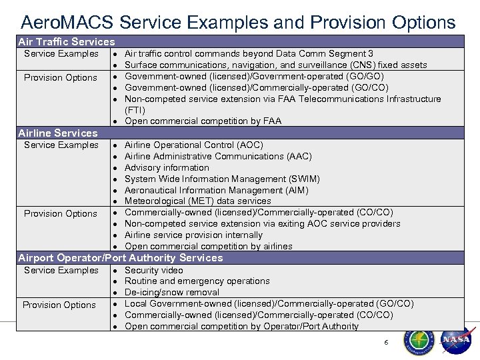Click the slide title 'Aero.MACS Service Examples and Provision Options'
point(238,23)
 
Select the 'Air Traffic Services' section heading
point(66,41)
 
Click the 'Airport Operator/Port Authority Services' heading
point(121,257)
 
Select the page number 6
point(385,342)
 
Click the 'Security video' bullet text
point(153,270)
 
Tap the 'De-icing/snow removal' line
point(172,292)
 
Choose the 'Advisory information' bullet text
point(167,167)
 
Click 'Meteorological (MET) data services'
point(197,201)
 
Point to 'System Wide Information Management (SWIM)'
point(222,179)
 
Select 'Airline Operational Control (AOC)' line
point(193,145)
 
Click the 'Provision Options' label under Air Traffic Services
point(61,77)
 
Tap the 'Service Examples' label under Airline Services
point(61,145)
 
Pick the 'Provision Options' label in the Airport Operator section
point(59,305)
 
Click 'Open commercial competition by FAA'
point(203,121)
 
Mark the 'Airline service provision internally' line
point(193,235)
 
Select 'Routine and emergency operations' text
point(197,281)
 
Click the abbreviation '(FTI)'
point(135,110)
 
